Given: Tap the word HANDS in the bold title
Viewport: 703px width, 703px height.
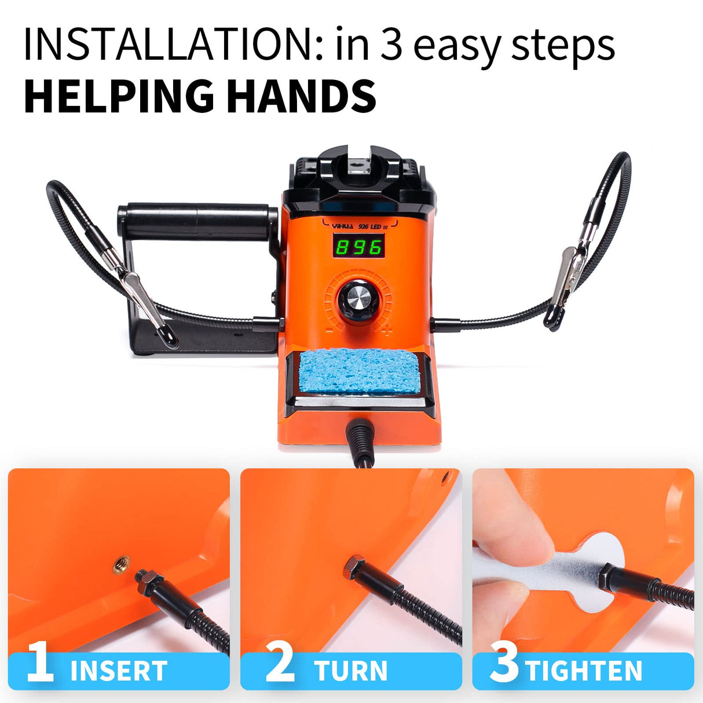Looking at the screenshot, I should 301,96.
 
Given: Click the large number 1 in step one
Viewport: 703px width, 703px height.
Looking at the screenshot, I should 41,662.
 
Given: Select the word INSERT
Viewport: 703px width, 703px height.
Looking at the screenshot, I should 119,671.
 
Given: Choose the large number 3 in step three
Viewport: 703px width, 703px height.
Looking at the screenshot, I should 504,662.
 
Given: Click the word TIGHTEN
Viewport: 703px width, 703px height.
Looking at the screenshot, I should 584,671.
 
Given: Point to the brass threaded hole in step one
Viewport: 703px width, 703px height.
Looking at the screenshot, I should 122,561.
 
